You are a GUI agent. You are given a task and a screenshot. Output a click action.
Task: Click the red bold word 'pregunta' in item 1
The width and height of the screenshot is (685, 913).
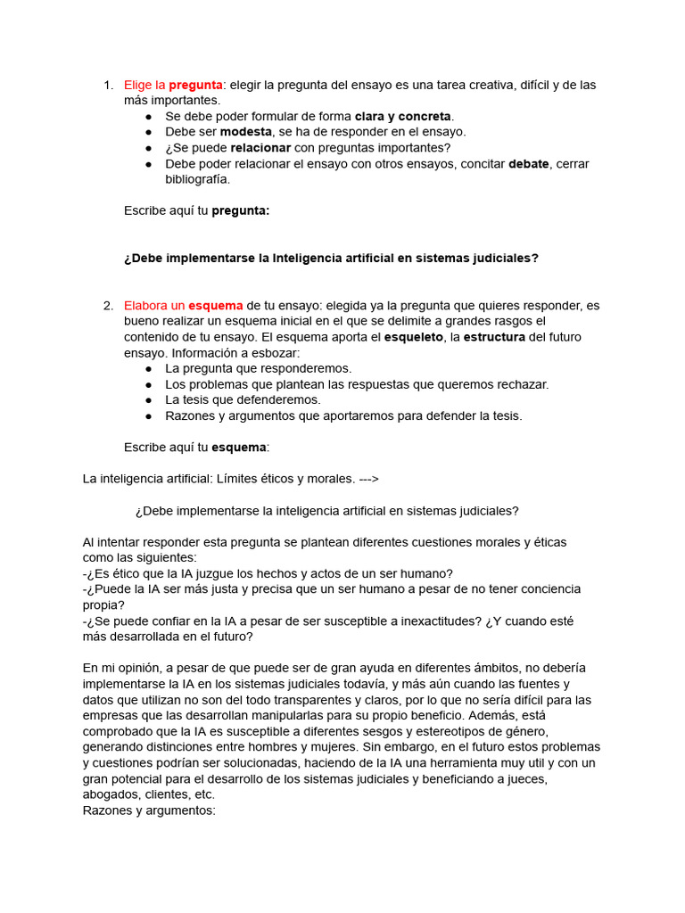click(x=195, y=85)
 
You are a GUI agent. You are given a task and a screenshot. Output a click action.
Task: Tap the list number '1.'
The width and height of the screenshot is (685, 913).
click(x=108, y=85)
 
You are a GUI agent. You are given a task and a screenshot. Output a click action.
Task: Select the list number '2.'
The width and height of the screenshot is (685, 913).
click(x=108, y=306)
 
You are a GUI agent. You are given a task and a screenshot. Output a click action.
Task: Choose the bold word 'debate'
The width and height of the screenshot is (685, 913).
click(x=529, y=164)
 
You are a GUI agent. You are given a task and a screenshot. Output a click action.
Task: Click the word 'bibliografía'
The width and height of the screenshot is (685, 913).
click(x=197, y=179)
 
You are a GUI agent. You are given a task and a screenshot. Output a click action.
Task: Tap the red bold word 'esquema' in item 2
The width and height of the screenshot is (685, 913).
click(x=215, y=306)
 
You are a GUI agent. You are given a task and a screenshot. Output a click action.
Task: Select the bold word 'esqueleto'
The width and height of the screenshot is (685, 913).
click(x=413, y=337)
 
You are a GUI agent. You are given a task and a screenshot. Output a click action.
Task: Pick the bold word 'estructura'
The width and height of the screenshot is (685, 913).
click(x=494, y=337)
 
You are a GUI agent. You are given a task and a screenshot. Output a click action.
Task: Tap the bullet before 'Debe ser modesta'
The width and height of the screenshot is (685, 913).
click(x=148, y=132)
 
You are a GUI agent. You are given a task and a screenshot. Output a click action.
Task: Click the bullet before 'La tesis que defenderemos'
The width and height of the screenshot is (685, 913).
click(x=148, y=400)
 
